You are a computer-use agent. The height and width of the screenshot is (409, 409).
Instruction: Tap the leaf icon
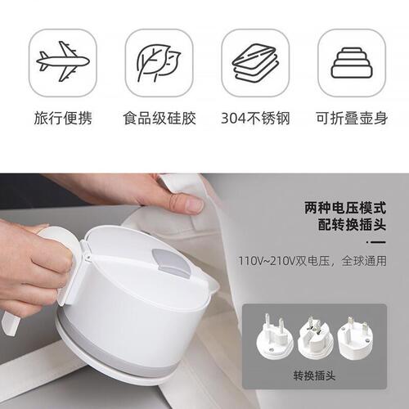(158, 61)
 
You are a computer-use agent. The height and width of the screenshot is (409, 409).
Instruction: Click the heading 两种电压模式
(344, 208)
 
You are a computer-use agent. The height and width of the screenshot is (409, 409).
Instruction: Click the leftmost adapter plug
(275, 335)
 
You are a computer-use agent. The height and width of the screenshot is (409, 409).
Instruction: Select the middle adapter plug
(316, 335)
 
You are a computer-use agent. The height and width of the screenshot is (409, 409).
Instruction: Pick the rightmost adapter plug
(355, 335)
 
